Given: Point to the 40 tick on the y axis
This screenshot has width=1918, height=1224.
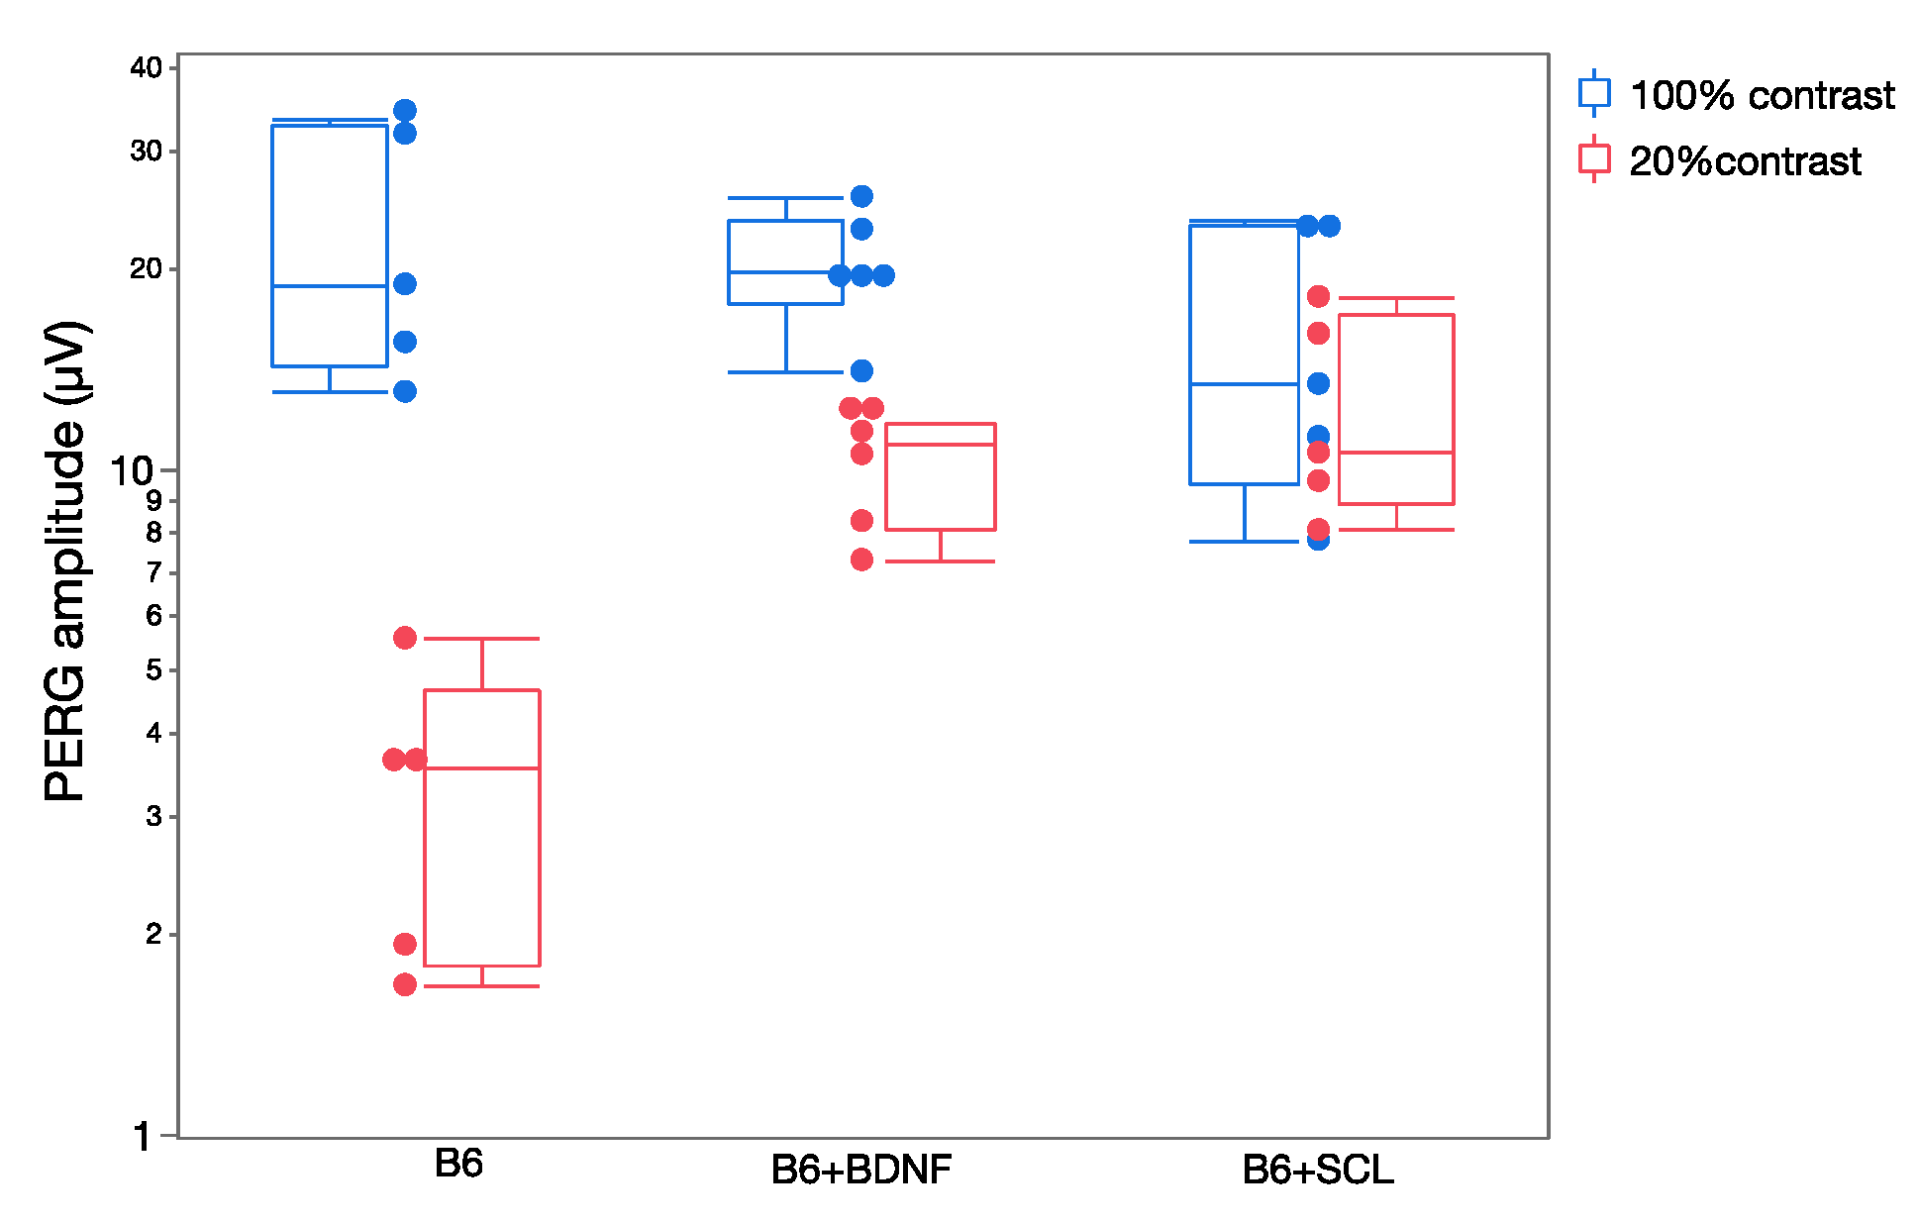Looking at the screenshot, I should [x=146, y=68].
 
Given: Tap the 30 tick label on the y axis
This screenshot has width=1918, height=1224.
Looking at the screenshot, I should [x=146, y=152].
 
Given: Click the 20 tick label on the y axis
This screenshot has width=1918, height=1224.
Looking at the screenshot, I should [x=146, y=268].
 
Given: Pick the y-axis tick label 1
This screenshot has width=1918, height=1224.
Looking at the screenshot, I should [x=143, y=1137].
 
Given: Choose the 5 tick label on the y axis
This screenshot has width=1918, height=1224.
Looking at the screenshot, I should [x=153, y=670].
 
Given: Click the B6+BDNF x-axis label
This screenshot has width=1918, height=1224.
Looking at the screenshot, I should [x=860, y=1171].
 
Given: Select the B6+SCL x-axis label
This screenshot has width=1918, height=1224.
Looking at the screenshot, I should [x=1317, y=1171].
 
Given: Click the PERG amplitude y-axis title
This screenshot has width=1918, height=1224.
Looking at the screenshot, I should [x=66, y=560].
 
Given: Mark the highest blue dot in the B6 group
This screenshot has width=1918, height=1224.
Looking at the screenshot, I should [x=405, y=111].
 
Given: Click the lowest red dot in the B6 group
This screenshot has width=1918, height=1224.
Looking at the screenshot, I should [x=405, y=984].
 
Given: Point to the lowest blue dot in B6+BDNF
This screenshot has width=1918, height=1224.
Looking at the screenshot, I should [x=861, y=371].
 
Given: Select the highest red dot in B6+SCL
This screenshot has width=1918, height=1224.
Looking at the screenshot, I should [x=1318, y=296].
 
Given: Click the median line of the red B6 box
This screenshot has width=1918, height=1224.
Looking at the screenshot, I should [x=481, y=768].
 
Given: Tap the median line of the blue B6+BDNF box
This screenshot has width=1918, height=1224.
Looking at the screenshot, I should [x=785, y=272].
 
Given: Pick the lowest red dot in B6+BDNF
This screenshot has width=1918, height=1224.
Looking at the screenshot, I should [x=861, y=560].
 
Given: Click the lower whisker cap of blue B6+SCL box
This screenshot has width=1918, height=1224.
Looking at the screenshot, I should [x=1244, y=542].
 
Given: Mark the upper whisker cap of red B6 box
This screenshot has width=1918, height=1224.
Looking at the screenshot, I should [x=481, y=639].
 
